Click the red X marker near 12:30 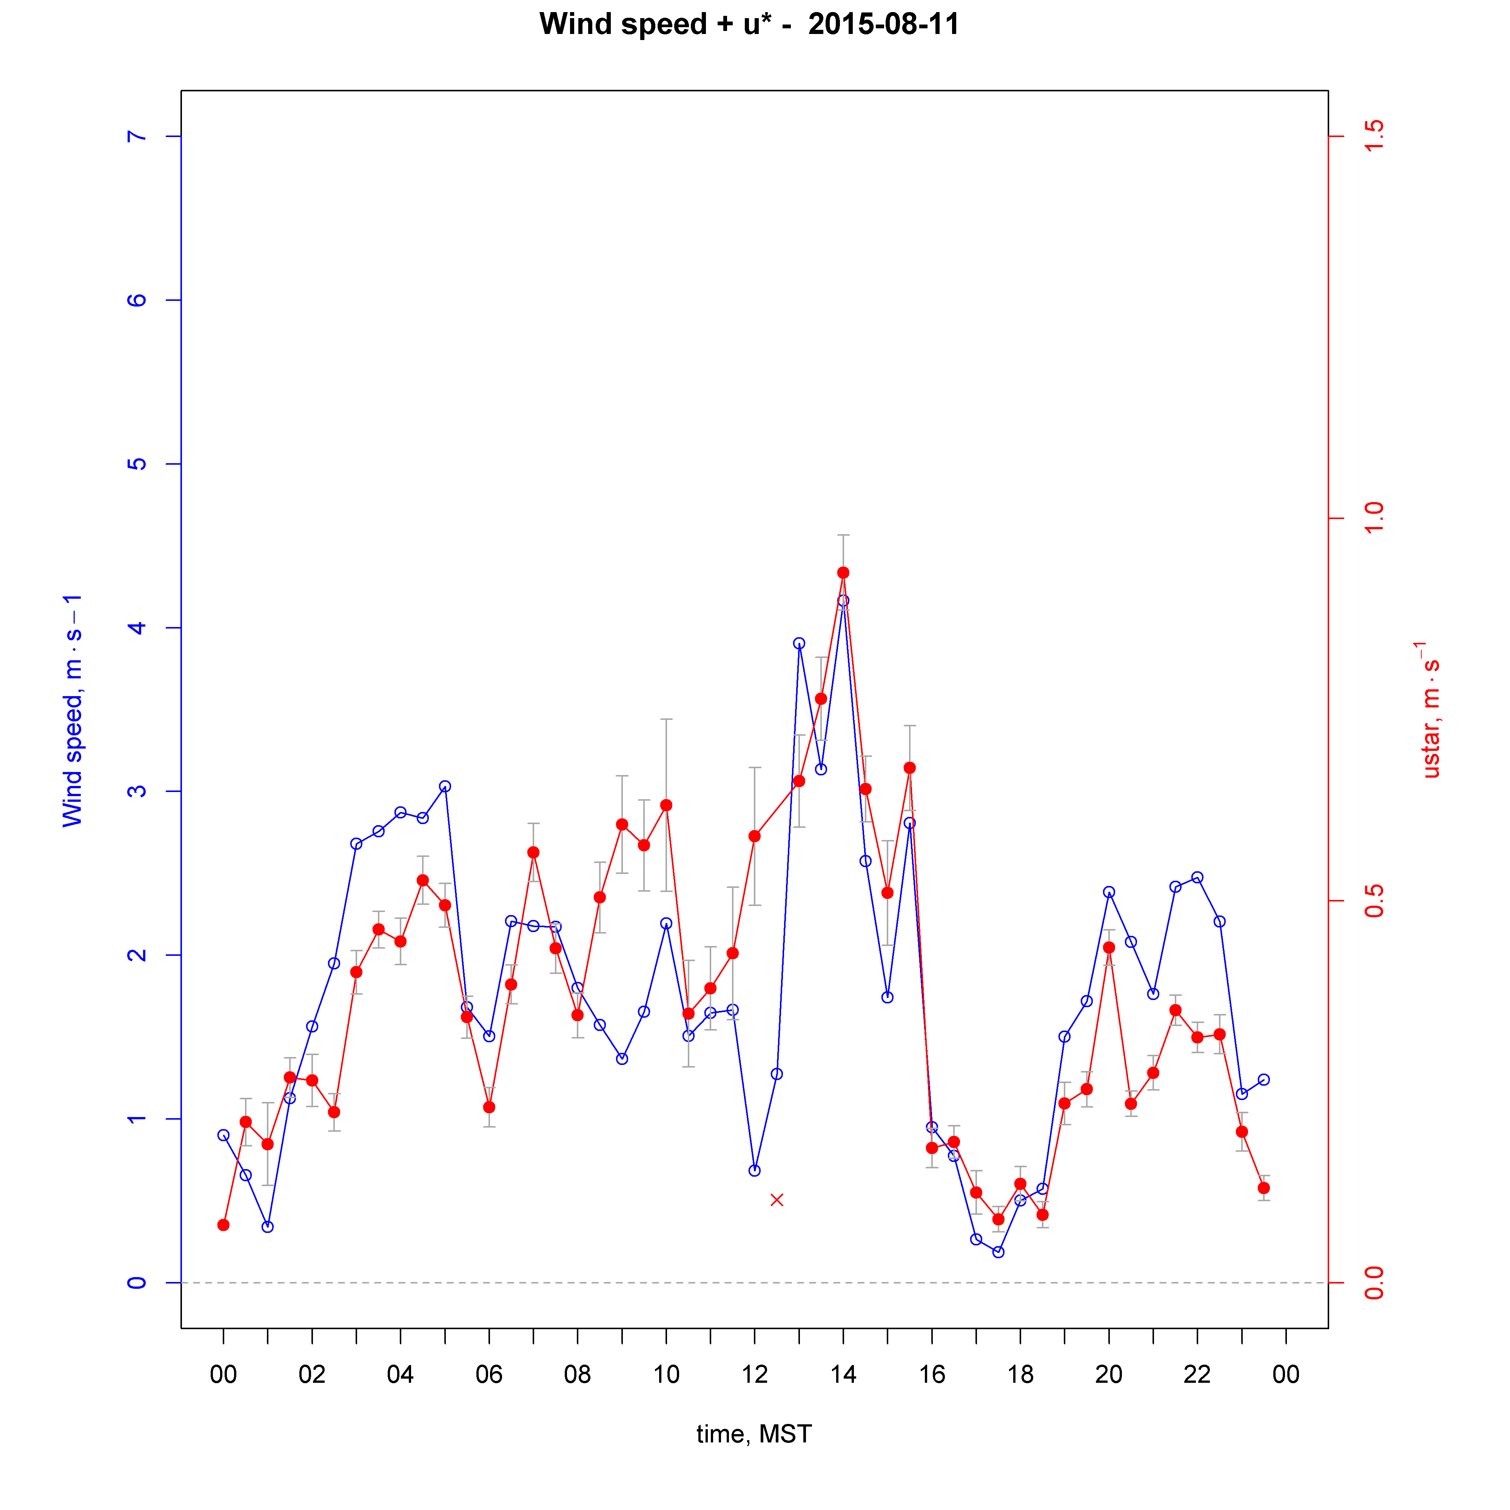click(776, 1200)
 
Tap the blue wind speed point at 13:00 click(799, 643)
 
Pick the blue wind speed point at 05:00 click(445, 786)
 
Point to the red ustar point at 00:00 click(223, 1225)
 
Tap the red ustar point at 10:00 click(666, 805)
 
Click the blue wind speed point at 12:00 click(754, 1170)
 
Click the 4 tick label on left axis click(137, 628)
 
